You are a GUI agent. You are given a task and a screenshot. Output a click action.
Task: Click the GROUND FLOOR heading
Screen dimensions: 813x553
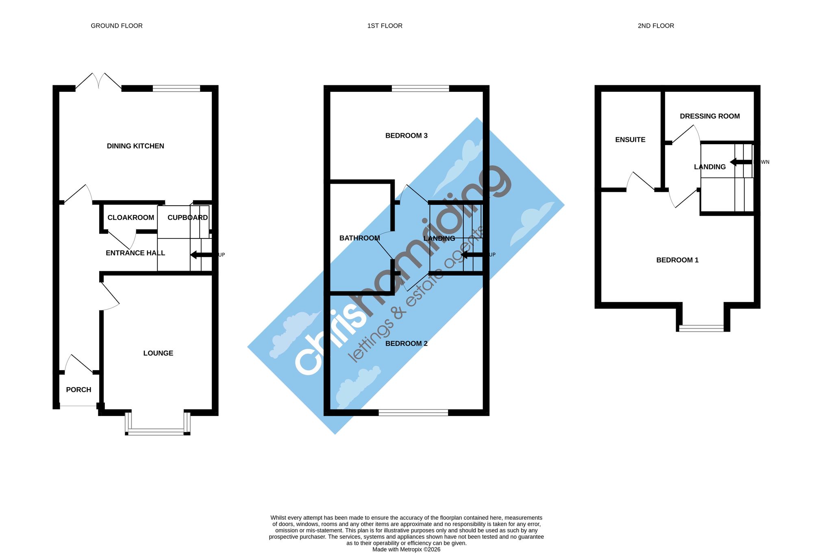[x=117, y=26]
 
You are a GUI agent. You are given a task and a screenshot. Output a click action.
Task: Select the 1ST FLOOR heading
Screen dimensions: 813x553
[x=385, y=26]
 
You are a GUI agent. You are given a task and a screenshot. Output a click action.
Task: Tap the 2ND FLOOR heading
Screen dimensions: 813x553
[x=656, y=26]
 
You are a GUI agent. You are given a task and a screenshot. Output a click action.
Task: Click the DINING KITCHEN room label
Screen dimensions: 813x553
[x=135, y=146]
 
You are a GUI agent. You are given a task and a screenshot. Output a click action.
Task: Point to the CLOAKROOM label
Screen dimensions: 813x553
[x=131, y=217]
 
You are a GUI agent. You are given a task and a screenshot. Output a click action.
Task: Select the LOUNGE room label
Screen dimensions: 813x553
[x=158, y=353]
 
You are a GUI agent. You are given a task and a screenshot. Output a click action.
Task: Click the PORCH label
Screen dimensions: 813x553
[x=78, y=390]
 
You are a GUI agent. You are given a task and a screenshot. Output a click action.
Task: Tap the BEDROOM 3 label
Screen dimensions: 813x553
[x=406, y=135]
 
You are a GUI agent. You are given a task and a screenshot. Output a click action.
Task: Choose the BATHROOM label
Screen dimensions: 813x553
[x=360, y=238]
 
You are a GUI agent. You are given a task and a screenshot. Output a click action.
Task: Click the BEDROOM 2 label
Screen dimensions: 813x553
[x=406, y=343]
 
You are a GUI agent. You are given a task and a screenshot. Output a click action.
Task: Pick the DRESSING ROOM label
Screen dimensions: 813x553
[x=710, y=116]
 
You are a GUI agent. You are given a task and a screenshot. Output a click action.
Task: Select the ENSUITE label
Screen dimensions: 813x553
[x=630, y=139]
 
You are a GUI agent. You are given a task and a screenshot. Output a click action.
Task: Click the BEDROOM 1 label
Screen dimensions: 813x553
[x=677, y=260]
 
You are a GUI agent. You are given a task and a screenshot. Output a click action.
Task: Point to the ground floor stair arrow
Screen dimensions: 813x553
[x=202, y=255]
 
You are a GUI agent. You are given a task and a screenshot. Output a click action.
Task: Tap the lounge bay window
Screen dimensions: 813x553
[x=158, y=424]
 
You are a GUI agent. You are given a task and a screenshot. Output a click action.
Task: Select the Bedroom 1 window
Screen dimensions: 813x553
[x=702, y=328]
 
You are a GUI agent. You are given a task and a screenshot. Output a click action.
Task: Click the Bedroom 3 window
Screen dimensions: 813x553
[x=420, y=88]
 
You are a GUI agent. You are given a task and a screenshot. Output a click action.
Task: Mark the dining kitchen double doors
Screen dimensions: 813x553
[x=98, y=81]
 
